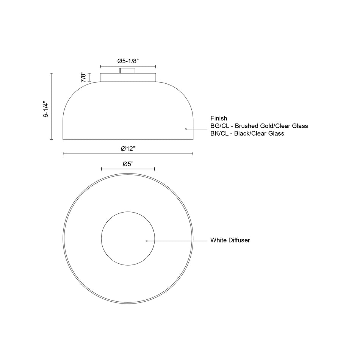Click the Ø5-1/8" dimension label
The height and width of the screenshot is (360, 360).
click(128, 61)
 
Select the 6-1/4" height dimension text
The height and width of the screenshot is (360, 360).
click(46, 109)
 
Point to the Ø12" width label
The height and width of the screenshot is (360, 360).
click(128, 149)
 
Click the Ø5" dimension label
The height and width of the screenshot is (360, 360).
click(128, 164)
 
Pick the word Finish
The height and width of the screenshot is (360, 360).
click(219, 118)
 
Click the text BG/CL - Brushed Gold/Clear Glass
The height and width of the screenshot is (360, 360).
click(259, 126)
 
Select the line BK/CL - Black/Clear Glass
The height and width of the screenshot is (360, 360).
click(247, 133)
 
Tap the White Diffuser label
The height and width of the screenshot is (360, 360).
click(230, 240)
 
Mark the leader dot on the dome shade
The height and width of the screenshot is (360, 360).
click(186, 130)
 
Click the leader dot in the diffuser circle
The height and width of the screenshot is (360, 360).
click(147, 241)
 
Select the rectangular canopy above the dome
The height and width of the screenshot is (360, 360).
click(128, 77)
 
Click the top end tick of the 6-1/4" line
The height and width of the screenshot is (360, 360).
click(52, 73)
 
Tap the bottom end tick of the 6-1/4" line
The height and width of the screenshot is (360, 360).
click(52, 140)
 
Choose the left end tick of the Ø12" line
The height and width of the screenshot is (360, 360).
click(63, 153)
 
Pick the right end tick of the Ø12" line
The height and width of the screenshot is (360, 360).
click(193, 153)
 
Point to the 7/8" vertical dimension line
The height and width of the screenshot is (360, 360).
click(89, 77)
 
